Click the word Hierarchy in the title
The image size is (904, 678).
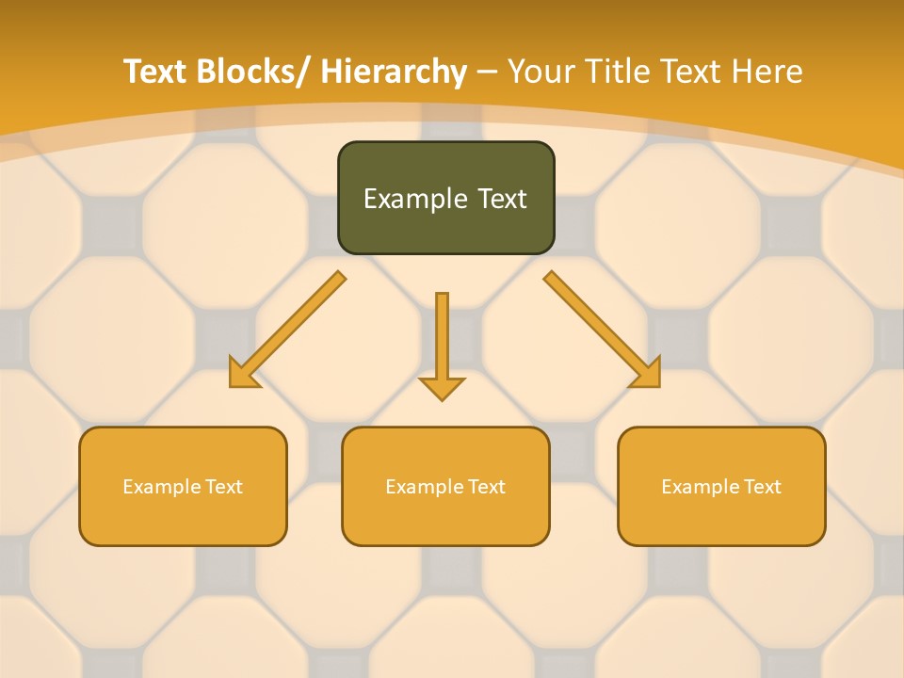pos(394,72)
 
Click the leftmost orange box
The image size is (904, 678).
pos(183,486)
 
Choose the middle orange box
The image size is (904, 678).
pos(445,486)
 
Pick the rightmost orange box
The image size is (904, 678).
pos(721,486)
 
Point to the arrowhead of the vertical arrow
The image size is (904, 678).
pos(442,387)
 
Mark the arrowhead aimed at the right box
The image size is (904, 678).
pos(648,376)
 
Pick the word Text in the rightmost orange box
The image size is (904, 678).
pos(762,487)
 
